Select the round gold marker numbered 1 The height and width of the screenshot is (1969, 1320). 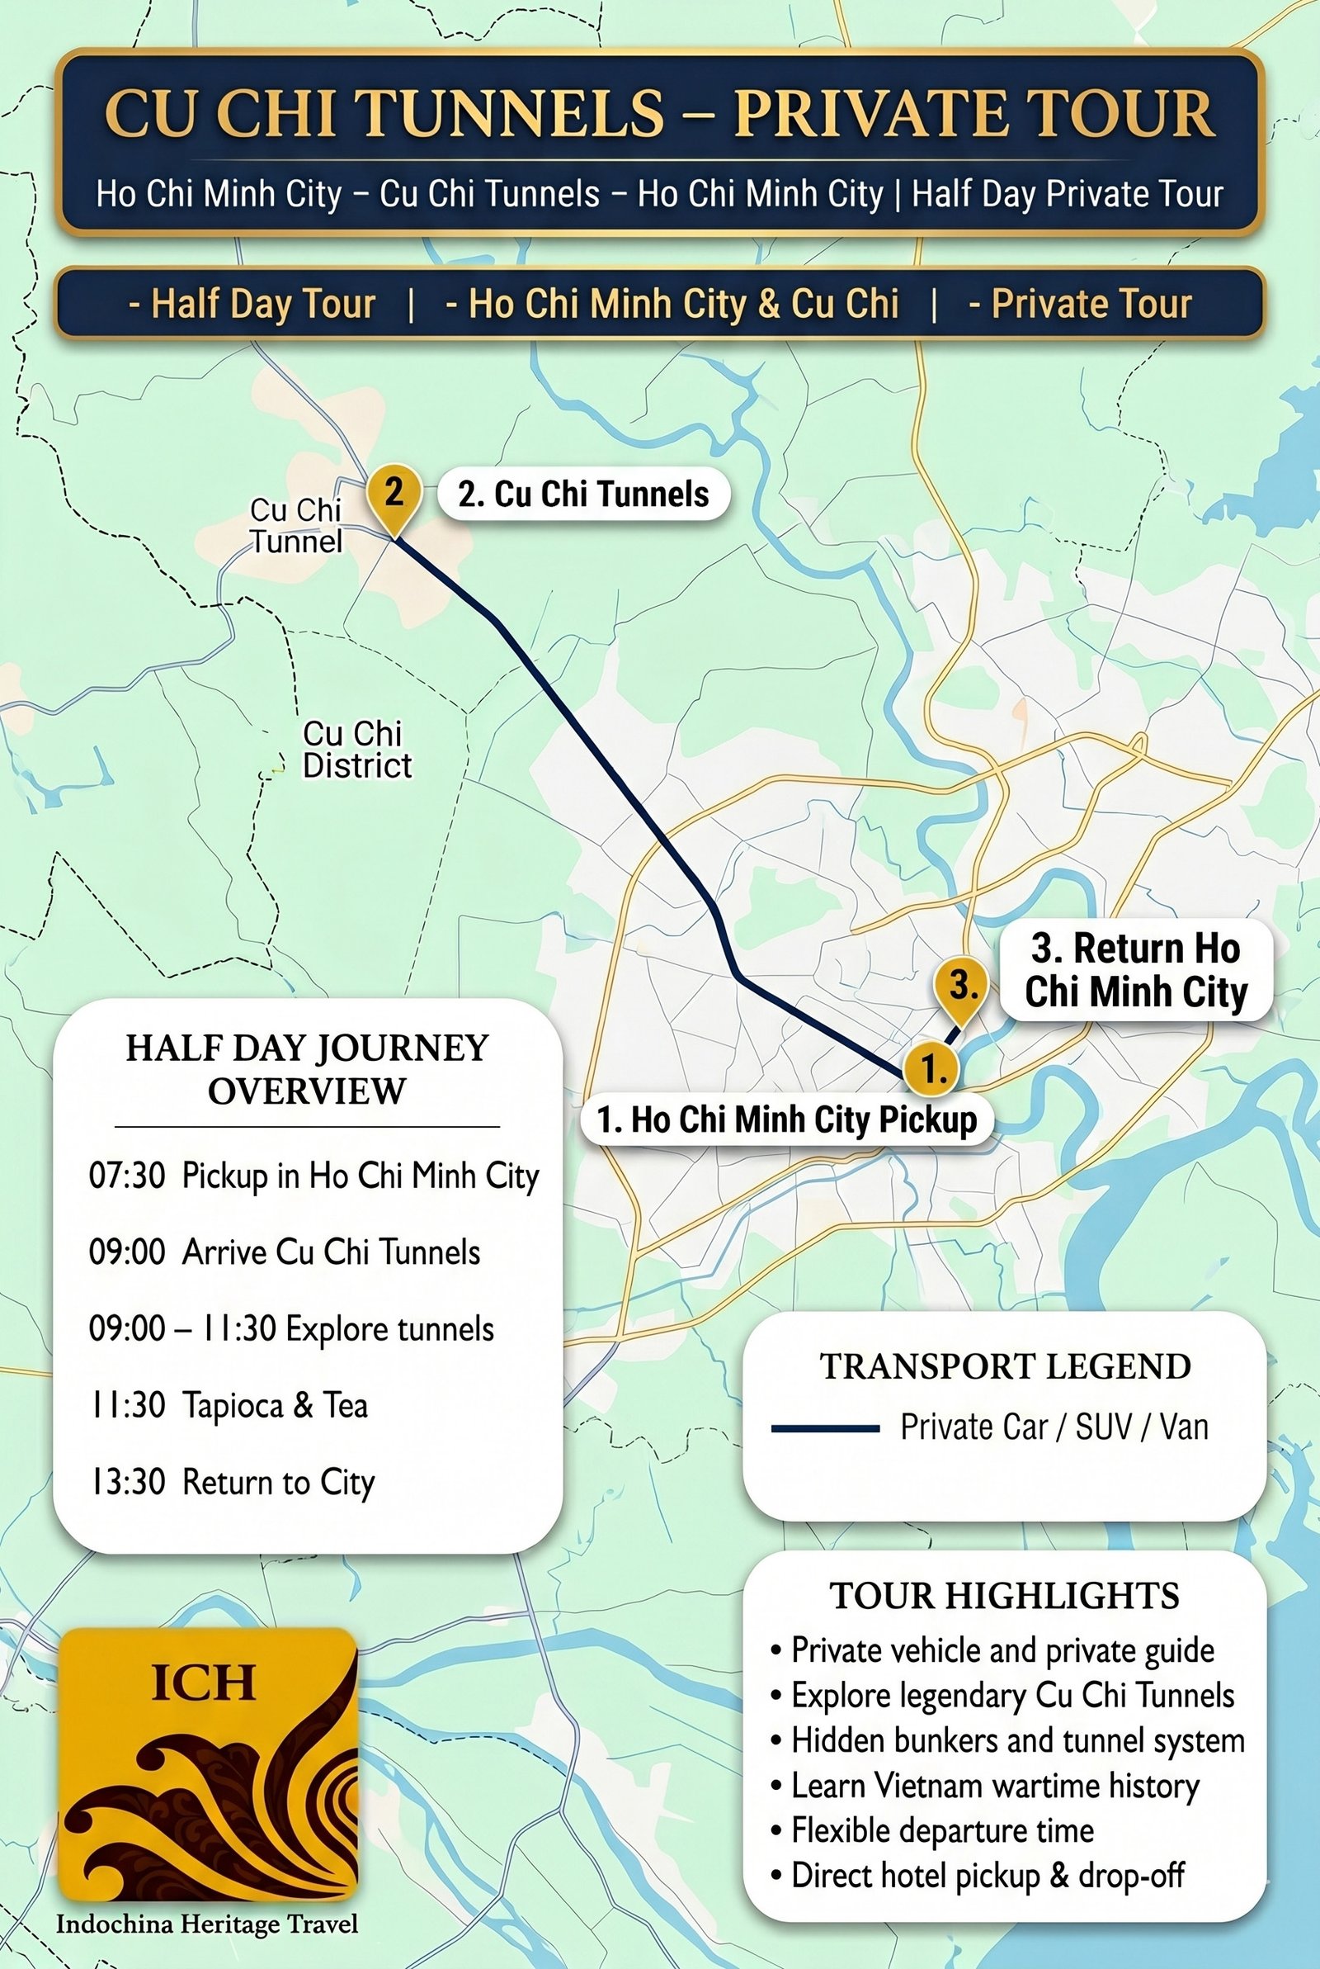point(932,1067)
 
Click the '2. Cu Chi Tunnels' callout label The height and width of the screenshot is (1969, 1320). point(583,495)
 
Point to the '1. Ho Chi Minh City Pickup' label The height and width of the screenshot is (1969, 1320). point(787,1120)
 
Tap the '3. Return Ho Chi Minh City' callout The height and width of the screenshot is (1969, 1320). point(1136,970)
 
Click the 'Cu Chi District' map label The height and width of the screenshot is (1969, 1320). point(357,750)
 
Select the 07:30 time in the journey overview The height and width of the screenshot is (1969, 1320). point(127,1176)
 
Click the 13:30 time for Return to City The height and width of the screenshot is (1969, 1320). point(127,1482)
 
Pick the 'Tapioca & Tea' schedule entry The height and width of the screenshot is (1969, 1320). point(276,1406)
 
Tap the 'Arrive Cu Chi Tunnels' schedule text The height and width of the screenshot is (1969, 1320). point(331,1252)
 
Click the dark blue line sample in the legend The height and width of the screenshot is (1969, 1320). point(825,1428)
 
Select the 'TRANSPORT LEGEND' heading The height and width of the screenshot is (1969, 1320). point(1005,1367)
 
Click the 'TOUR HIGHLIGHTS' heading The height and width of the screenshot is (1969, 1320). point(1005,1596)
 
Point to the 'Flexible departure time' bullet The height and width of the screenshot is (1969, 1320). point(942,1831)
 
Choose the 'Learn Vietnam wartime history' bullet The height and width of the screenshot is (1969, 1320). point(995,1786)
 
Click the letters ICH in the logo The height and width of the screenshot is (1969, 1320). point(203,1683)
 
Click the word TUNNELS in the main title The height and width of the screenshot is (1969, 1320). point(511,114)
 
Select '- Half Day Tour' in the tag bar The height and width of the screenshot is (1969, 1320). point(252,304)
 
